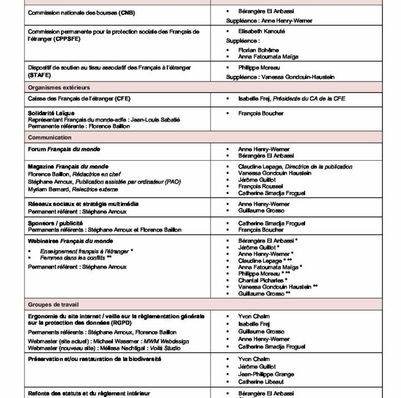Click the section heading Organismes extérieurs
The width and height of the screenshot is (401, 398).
(x=59, y=87)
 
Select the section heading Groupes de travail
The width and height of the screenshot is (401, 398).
(x=55, y=305)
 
